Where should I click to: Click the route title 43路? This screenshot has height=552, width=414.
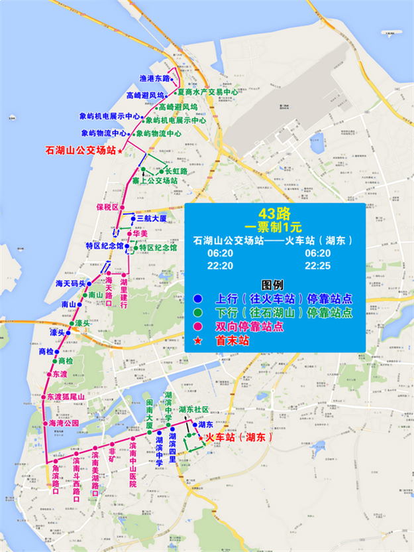pyautogui.click(x=274, y=213)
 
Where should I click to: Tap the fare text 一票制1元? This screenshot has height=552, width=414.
pyautogui.click(x=274, y=226)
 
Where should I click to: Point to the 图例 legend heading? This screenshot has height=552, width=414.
pyautogui.click(x=274, y=283)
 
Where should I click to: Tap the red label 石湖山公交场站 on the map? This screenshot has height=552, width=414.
pyautogui.click(x=80, y=151)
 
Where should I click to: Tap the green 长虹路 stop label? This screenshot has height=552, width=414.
pyautogui.click(x=176, y=171)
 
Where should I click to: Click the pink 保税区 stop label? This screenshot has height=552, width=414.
pyautogui.click(x=107, y=206)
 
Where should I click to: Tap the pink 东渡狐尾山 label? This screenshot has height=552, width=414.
pyautogui.click(x=67, y=397)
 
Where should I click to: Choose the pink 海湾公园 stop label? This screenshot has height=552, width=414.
pyautogui.click(x=64, y=423)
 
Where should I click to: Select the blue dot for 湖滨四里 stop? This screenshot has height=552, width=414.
pyautogui.click(x=172, y=429)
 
